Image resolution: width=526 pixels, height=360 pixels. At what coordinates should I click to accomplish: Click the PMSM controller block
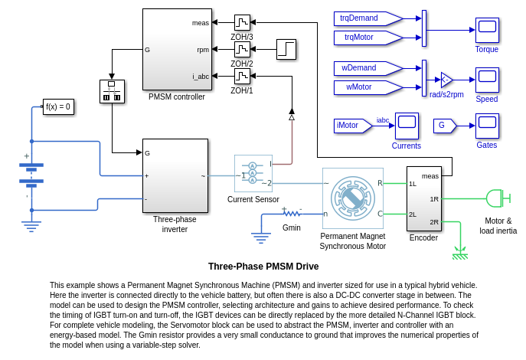tap(177, 50)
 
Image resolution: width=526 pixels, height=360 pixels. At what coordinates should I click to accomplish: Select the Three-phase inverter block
tap(175, 175)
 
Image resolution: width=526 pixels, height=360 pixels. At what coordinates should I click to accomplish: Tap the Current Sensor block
tap(253, 174)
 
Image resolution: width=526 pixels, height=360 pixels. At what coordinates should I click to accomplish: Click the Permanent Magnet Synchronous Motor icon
tap(352, 198)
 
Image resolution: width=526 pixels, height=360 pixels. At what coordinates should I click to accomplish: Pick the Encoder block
tap(423, 198)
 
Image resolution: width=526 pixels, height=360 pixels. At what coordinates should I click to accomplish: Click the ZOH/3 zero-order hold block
tap(242, 22)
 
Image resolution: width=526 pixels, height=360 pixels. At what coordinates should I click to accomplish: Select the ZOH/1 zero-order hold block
tap(242, 77)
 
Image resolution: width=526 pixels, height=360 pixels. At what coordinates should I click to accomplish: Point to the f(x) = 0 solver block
tap(58, 107)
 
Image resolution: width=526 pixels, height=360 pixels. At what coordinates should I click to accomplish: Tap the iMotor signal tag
tap(353, 125)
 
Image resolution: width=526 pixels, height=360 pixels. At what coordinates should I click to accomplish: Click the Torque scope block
tap(487, 31)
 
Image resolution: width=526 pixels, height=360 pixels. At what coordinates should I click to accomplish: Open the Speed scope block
tap(487, 80)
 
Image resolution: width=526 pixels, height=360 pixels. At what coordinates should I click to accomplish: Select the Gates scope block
tap(487, 126)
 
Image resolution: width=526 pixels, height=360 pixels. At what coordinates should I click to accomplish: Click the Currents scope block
tap(407, 126)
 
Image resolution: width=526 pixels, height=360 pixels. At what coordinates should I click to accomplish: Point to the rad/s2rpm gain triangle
tap(446, 80)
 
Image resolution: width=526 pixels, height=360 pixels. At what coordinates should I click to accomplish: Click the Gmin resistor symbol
tap(292, 214)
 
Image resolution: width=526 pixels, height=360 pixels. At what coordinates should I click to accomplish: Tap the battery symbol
tap(31, 174)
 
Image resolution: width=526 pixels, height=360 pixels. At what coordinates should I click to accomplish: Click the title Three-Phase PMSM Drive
tap(263, 267)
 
